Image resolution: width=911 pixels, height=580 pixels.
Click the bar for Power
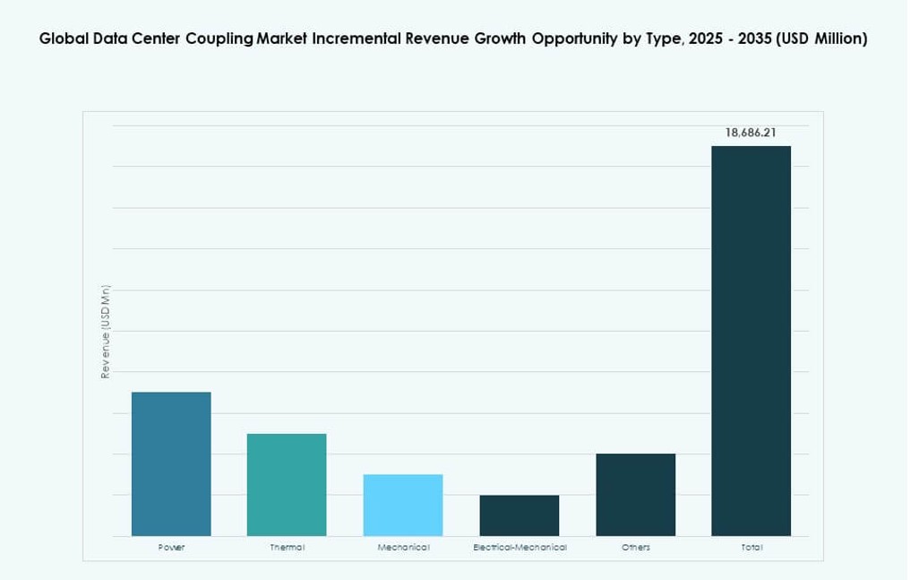[x=171, y=463]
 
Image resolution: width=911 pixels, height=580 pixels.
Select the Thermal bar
[x=287, y=484]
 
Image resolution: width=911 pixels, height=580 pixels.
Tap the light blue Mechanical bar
[x=403, y=505]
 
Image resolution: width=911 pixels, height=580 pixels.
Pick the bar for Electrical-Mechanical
[x=519, y=515]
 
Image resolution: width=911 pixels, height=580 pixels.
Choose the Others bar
[x=635, y=495]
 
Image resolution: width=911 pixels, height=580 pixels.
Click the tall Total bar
[x=751, y=341]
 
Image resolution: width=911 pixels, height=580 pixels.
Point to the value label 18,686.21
[x=751, y=133]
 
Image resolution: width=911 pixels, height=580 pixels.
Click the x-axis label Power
[x=171, y=548]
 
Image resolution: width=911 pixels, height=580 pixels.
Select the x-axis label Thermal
[x=287, y=548]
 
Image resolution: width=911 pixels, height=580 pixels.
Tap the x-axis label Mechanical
[x=403, y=548]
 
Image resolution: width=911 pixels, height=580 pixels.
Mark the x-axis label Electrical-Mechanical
[x=520, y=548]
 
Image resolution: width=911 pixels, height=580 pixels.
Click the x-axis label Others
[x=635, y=548]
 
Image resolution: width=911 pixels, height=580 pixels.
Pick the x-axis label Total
[x=752, y=548]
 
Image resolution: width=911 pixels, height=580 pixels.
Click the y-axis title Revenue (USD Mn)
[x=105, y=332]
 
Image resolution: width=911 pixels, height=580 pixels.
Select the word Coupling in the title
[x=219, y=39]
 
